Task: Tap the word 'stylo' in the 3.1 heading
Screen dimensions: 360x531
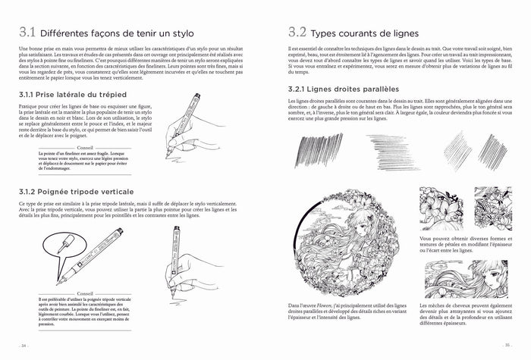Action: click(x=181, y=34)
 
